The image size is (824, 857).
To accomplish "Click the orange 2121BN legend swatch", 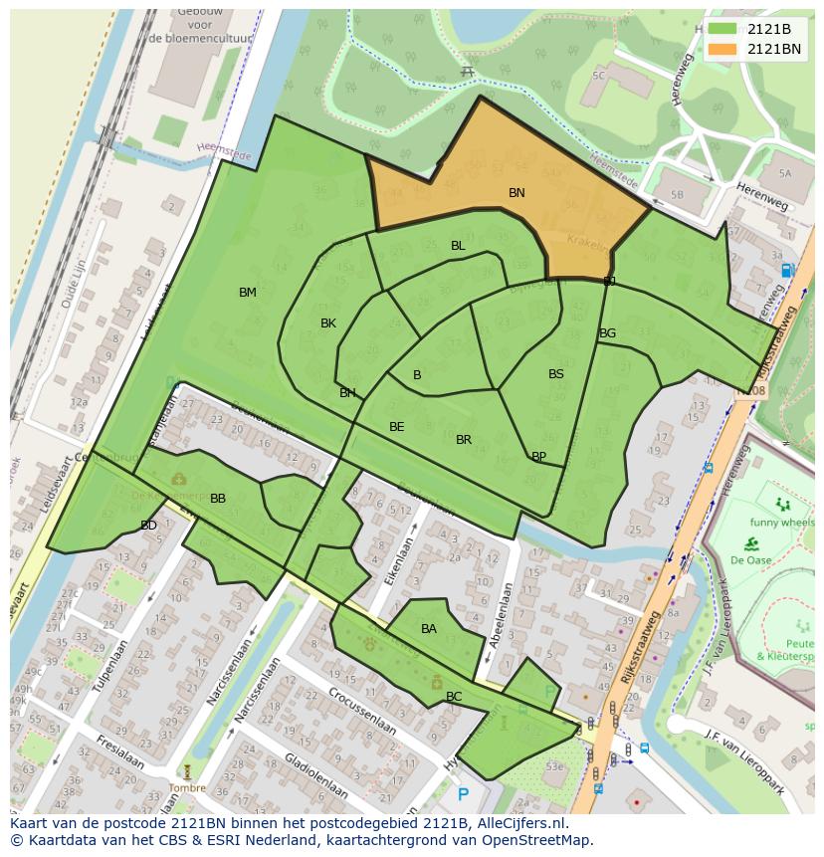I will pyautogui.click(x=722, y=49).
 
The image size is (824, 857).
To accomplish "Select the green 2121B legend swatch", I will pyautogui.click(x=722, y=29).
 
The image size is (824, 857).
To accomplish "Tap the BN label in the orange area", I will pyautogui.click(x=516, y=193).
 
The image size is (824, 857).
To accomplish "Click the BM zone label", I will pyautogui.click(x=248, y=293).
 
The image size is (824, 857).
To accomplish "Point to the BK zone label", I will pyautogui.click(x=328, y=323).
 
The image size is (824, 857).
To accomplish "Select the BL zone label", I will pyautogui.click(x=458, y=246).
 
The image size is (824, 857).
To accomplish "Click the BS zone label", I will pyautogui.click(x=556, y=374).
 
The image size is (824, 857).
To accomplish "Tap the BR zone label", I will pyautogui.click(x=464, y=440).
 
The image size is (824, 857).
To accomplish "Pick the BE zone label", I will pyautogui.click(x=397, y=427).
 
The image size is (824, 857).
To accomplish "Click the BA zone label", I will pyautogui.click(x=429, y=629).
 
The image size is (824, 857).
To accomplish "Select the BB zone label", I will pyautogui.click(x=218, y=499).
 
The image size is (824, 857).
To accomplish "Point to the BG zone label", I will pyautogui.click(x=607, y=333).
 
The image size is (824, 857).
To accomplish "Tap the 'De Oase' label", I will pyautogui.click(x=751, y=559).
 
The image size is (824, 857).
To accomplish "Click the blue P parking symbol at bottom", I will pyautogui.click(x=463, y=794).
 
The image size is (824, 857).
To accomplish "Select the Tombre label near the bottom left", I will pyautogui.click(x=186, y=788).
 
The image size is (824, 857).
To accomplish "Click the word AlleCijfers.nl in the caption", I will pyautogui.click(x=517, y=824).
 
